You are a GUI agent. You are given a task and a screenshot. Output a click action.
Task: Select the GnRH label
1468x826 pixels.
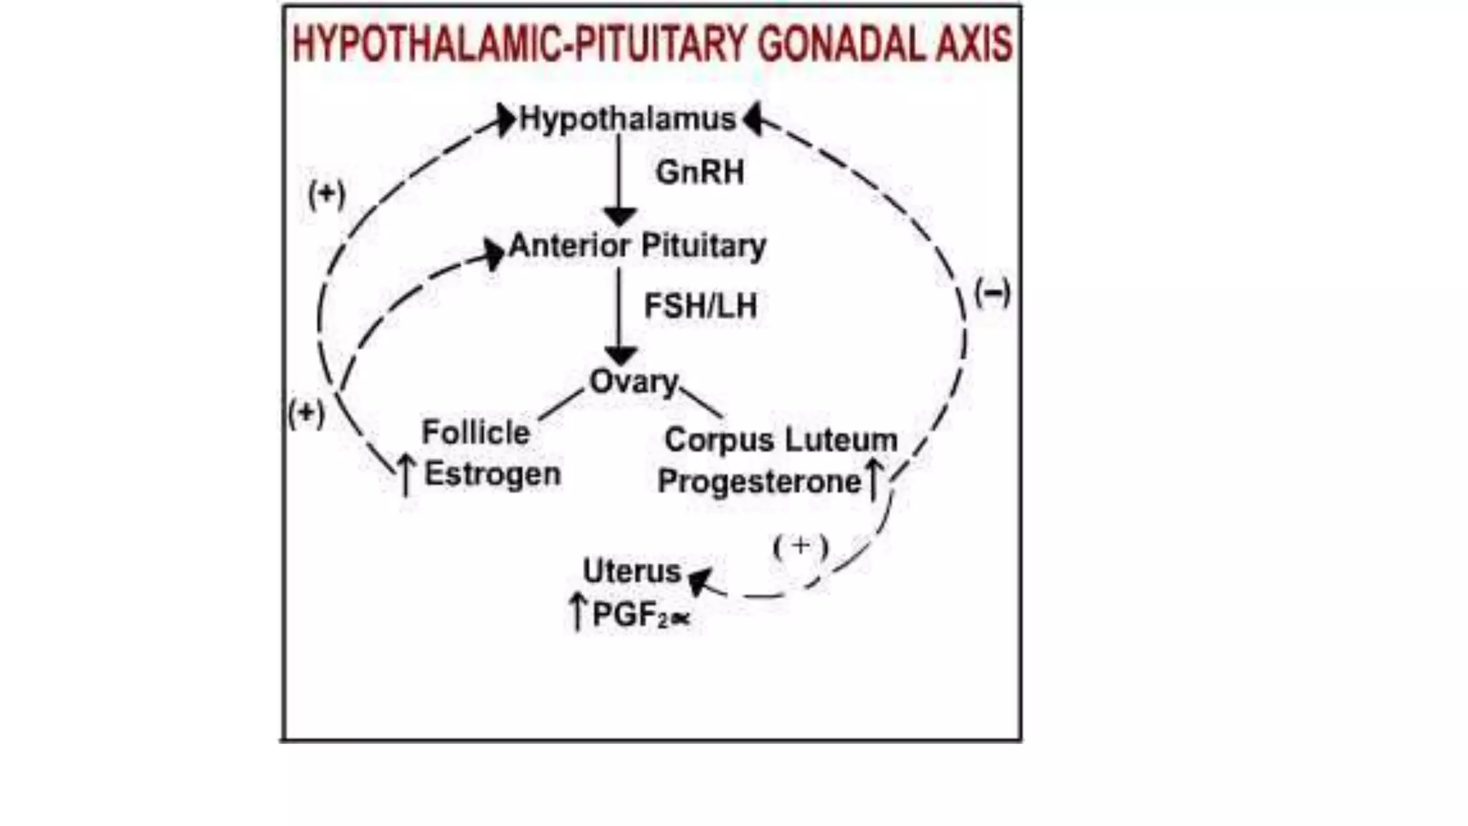[x=700, y=173]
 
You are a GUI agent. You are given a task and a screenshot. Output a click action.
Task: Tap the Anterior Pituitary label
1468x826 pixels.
[x=637, y=246]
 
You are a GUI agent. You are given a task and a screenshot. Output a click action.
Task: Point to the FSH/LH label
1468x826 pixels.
[x=700, y=306]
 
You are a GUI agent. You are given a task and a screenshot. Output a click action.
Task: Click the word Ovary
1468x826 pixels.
[x=634, y=381]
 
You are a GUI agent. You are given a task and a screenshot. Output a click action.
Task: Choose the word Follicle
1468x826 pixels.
[x=476, y=432]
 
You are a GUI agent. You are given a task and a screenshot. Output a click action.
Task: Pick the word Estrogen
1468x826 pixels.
[x=492, y=475]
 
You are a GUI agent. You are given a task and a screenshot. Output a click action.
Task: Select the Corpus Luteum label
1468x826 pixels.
[x=781, y=440]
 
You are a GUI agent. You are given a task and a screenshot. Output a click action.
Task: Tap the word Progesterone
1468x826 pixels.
[x=759, y=482]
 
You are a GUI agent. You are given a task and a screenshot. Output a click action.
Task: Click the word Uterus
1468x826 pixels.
[x=631, y=571]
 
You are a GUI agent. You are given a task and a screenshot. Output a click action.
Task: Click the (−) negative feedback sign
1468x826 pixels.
[x=993, y=293]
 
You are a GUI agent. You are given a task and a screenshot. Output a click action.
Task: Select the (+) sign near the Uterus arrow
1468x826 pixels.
[x=801, y=547]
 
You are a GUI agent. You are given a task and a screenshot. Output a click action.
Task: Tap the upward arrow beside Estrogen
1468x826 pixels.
[x=406, y=475]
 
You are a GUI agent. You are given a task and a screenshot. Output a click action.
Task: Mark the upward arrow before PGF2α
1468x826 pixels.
[x=578, y=612]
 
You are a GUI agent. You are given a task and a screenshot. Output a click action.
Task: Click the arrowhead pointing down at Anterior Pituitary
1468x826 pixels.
[x=620, y=217]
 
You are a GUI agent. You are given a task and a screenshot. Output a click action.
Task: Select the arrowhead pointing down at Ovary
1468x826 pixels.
[x=621, y=356]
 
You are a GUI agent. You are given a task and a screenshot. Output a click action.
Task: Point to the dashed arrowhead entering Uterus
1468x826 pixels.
[x=700, y=579]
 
